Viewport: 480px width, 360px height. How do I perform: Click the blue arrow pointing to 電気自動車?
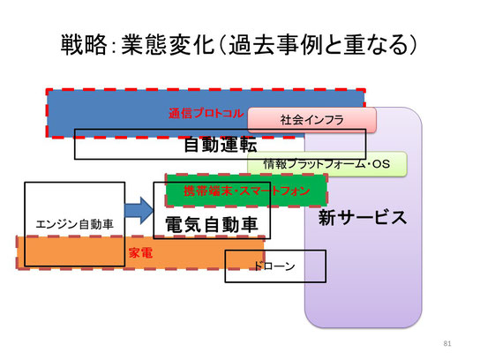(139, 211)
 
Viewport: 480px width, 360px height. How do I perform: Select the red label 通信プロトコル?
(206, 114)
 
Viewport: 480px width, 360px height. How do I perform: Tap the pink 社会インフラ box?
(311, 120)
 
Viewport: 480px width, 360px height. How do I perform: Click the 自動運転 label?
(220, 145)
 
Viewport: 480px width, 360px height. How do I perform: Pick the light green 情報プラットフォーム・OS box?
(327, 164)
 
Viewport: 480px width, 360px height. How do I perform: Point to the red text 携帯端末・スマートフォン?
(247, 191)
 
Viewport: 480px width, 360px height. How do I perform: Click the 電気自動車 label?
(212, 224)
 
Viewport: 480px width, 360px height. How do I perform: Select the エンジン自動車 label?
(75, 224)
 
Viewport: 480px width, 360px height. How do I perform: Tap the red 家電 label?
(140, 253)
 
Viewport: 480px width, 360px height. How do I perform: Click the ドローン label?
(274, 266)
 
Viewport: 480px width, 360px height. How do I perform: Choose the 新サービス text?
(363, 218)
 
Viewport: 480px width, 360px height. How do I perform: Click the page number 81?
(447, 343)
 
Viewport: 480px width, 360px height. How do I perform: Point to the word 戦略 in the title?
(84, 45)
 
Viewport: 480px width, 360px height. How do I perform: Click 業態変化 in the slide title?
(168, 45)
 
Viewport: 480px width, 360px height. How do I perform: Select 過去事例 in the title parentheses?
(275, 45)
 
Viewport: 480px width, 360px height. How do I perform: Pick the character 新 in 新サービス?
(327, 218)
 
